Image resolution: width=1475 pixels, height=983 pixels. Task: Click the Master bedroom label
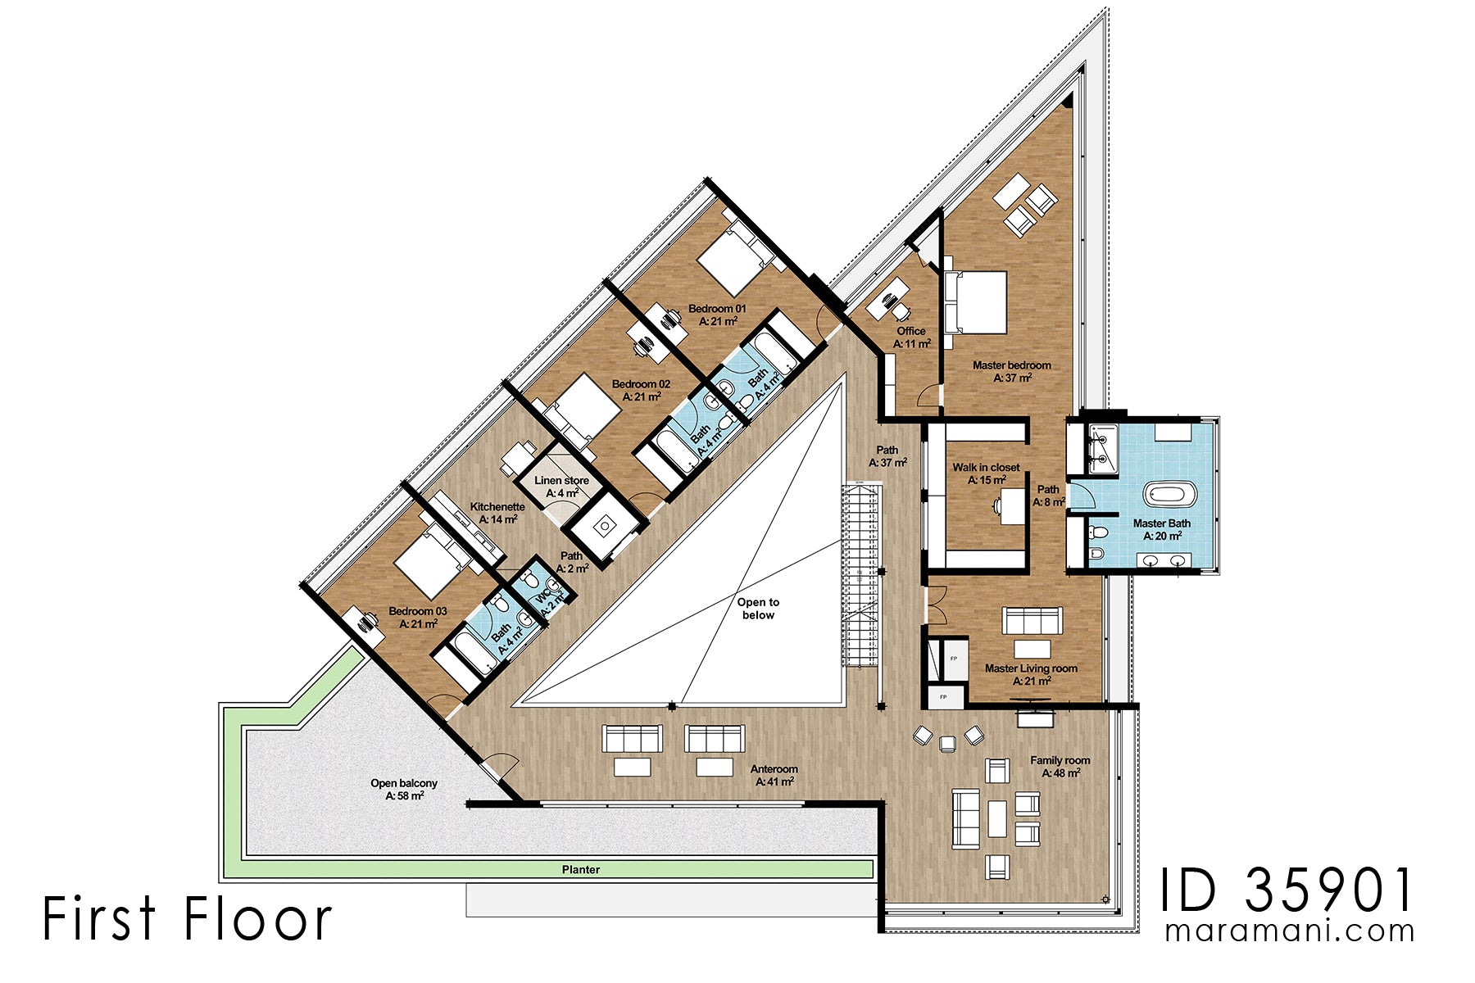(x=1011, y=371)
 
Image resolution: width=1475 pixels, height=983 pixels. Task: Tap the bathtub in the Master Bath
(x=1169, y=494)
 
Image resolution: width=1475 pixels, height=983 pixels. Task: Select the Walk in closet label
(x=986, y=473)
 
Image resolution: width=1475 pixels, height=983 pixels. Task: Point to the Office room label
(x=911, y=337)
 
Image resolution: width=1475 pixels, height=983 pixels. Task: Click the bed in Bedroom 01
(x=733, y=255)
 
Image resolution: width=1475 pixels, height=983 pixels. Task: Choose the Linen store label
(x=561, y=487)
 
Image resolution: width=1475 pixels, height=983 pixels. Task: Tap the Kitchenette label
(x=497, y=513)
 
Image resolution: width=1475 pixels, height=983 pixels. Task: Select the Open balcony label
(x=404, y=789)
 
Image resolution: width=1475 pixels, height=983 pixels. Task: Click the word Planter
(x=581, y=869)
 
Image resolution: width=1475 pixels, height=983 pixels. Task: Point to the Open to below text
(x=758, y=609)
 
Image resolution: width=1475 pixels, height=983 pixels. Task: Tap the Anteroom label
(x=774, y=775)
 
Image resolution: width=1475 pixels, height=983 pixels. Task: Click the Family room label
(x=1060, y=766)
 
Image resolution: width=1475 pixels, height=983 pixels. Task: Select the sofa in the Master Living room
(x=1032, y=620)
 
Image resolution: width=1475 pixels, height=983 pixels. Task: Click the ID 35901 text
(x=1287, y=890)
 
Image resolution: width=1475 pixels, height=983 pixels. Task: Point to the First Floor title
(x=187, y=918)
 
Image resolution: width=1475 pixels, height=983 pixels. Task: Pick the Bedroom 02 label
(x=641, y=390)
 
